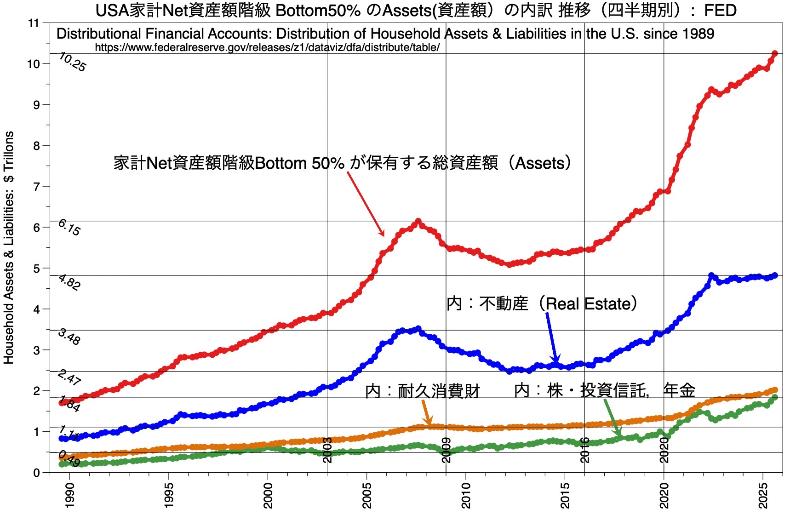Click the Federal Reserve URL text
tap(267, 47)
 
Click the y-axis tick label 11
tap(34, 23)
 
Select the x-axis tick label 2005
tap(367, 495)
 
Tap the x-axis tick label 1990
tap(69, 495)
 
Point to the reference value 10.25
tap(72, 62)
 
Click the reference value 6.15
tap(69, 228)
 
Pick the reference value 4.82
tap(69, 282)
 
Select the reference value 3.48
tap(69, 337)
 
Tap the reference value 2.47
tap(69, 378)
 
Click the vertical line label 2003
tap(327, 450)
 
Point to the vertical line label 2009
tap(446, 450)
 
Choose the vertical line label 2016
tap(584, 450)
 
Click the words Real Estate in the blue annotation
tap(587, 303)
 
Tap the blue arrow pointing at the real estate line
tap(552, 338)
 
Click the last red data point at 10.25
tap(774, 54)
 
